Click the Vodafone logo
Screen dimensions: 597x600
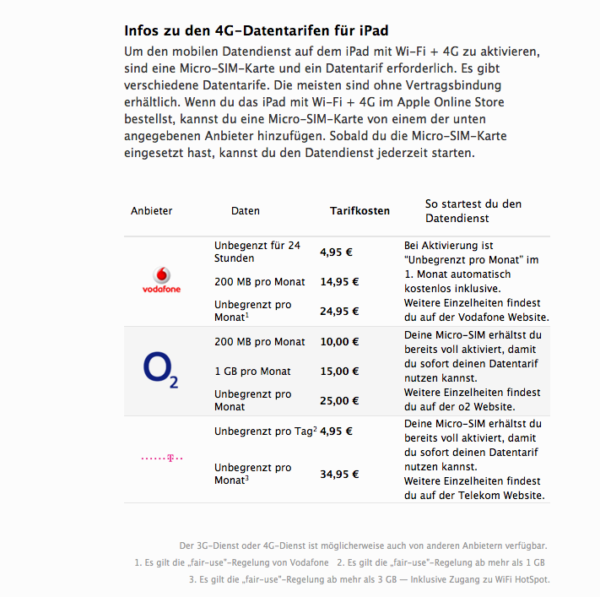pyautogui.click(x=160, y=280)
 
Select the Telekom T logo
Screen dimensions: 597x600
pyautogui.click(x=161, y=459)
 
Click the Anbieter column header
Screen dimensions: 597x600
pyautogui.click(x=152, y=211)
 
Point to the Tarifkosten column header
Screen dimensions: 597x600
pyautogui.click(x=359, y=211)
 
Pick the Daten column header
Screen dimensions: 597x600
pyautogui.click(x=246, y=211)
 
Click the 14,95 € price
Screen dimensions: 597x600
pyautogui.click(x=339, y=282)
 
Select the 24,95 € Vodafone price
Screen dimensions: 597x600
pyautogui.click(x=339, y=311)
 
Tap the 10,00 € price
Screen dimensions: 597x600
pyautogui.click(x=339, y=342)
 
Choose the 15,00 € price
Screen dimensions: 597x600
pyautogui.click(x=339, y=371)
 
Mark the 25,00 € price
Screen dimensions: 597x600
pyautogui.click(x=339, y=400)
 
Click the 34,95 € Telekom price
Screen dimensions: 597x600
pyautogui.click(x=339, y=474)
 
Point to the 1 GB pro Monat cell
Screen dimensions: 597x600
pyautogui.click(x=252, y=371)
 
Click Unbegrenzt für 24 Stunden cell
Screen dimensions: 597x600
pyautogui.click(x=257, y=252)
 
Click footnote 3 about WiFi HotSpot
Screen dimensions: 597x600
pyautogui.click(x=369, y=579)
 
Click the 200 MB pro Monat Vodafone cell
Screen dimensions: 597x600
pyautogui.click(x=260, y=281)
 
